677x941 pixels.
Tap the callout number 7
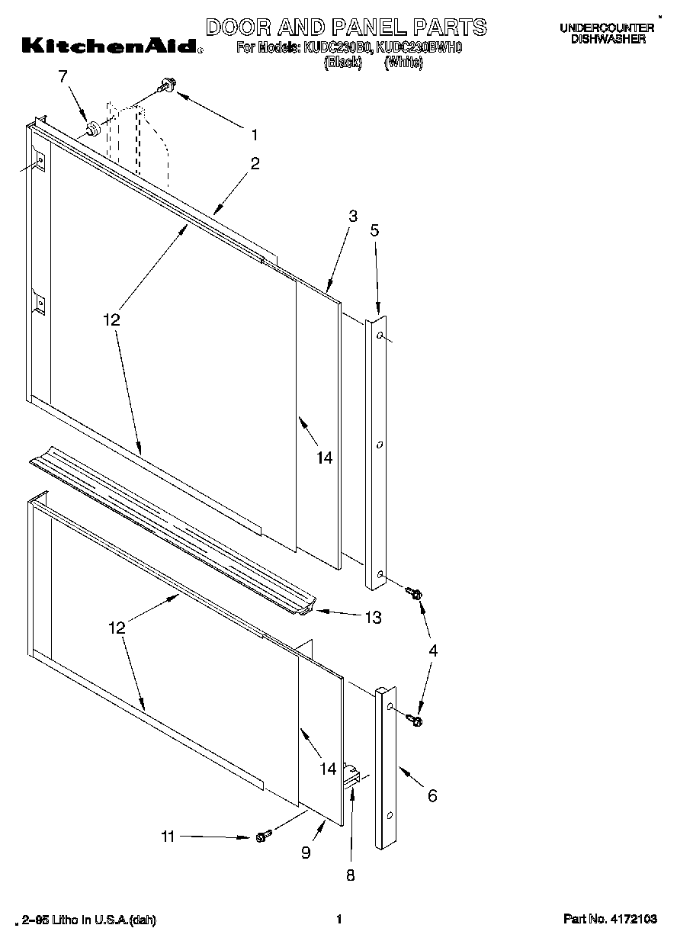[63, 75]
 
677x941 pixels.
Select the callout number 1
[254, 135]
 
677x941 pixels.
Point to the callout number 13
[373, 618]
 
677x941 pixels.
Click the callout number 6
[432, 796]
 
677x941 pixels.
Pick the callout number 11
[168, 837]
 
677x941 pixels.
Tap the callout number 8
[351, 876]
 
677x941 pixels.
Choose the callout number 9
[306, 853]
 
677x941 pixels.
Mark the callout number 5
[374, 230]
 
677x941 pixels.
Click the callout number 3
[353, 216]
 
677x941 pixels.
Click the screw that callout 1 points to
[166, 88]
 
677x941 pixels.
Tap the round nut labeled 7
[92, 129]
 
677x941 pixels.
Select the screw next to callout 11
[261, 837]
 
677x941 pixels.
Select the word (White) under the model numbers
[403, 63]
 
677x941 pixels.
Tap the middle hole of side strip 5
[378, 443]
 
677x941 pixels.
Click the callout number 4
[432, 650]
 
